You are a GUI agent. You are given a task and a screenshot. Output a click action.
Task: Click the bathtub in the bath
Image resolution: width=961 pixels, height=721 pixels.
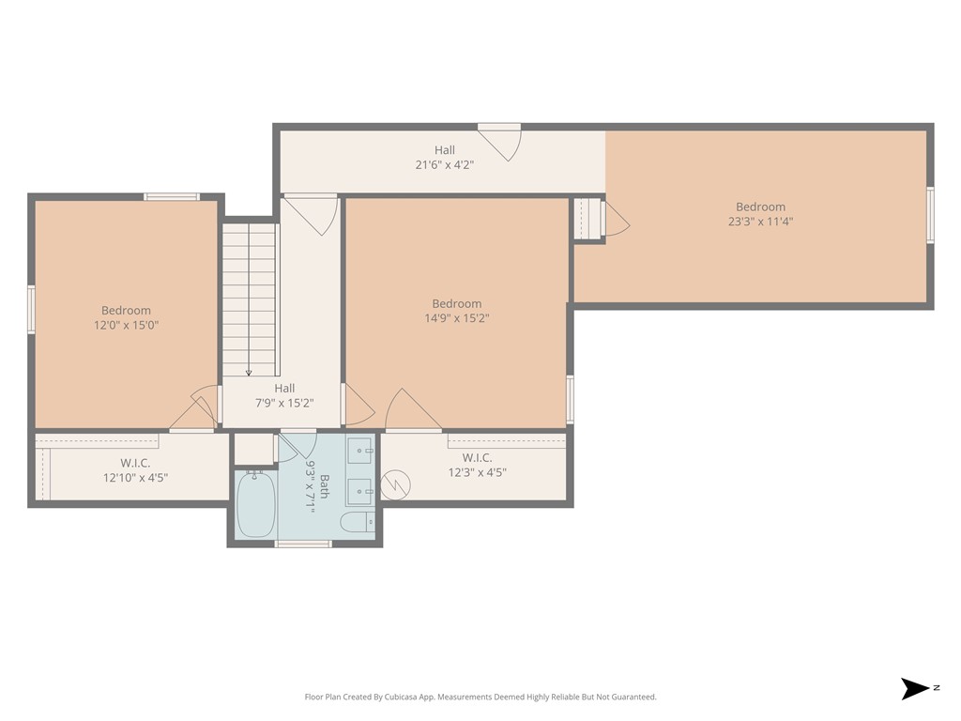coord(254,503)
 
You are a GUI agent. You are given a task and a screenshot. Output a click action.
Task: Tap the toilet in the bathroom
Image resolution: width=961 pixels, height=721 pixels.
coord(358,522)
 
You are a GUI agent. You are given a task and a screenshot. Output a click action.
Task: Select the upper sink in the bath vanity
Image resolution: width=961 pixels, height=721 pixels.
coord(359,453)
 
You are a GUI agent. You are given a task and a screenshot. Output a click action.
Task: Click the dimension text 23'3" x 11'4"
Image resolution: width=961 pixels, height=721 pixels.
coord(760,222)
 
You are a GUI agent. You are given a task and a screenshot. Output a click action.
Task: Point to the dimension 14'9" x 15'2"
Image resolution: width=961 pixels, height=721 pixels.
coord(456,318)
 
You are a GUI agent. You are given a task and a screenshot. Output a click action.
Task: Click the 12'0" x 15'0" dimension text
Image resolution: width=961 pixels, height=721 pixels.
coord(126,325)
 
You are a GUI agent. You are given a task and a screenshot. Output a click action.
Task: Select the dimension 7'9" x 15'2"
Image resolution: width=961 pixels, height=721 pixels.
coord(284,403)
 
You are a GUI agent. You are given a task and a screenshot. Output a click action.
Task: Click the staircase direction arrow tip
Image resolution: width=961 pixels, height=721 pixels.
coord(249,373)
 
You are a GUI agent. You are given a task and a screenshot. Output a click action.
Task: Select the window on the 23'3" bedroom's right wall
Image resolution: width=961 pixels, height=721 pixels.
coord(930,215)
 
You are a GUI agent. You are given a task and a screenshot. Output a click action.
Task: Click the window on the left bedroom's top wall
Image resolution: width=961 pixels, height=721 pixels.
coord(172,196)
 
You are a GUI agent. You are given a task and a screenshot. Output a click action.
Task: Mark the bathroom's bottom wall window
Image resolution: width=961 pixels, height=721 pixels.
coord(303,544)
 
